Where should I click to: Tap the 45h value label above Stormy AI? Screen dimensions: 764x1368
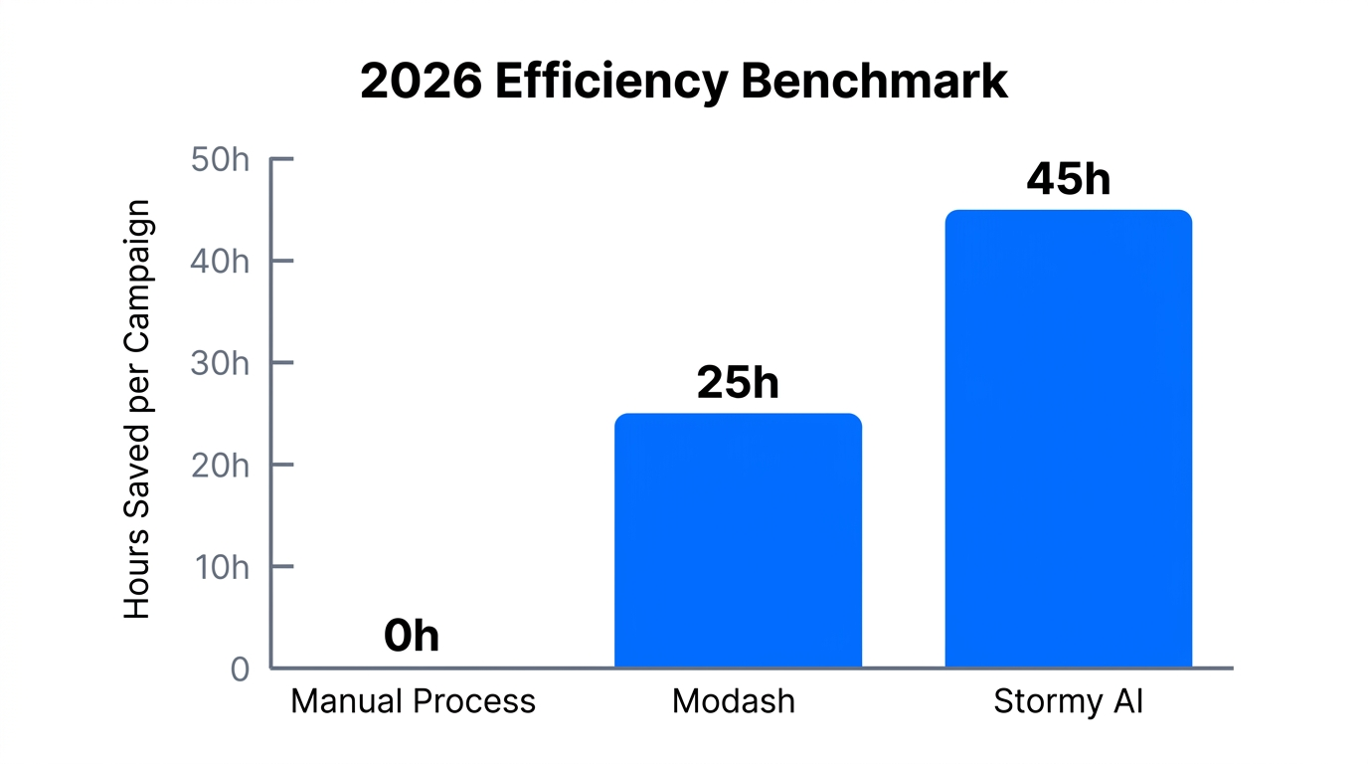tap(1068, 179)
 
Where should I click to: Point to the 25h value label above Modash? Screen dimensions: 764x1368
tap(738, 382)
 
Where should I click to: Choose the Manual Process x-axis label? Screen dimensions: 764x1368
tap(413, 701)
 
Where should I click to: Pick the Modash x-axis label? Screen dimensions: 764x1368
tap(734, 701)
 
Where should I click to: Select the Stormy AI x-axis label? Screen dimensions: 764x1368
tap(1069, 701)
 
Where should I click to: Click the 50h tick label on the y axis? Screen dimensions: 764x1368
tap(220, 159)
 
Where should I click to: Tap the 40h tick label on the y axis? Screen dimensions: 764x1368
tap(220, 262)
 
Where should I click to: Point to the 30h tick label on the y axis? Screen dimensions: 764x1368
tap(220, 363)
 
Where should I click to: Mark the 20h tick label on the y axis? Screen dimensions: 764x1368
tap(220, 465)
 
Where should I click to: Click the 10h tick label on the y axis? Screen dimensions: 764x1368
tap(220, 567)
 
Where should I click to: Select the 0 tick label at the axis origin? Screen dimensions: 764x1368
tap(240, 669)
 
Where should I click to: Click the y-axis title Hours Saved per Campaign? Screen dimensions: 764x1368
tap(137, 409)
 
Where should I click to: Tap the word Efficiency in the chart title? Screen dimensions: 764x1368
tap(610, 82)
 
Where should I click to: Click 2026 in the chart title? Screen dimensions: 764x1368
tap(419, 82)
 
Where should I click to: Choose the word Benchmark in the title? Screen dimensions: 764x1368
tap(874, 82)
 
